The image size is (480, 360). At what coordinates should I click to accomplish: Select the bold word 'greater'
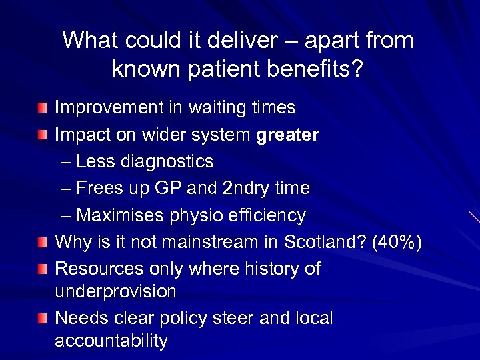(x=288, y=135)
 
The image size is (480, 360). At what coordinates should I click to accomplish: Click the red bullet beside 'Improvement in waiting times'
(x=43, y=107)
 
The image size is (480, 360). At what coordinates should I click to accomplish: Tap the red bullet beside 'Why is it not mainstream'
(x=43, y=242)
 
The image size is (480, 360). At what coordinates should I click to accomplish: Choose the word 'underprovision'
(x=115, y=291)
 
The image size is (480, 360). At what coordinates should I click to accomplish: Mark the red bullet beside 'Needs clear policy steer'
(x=43, y=319)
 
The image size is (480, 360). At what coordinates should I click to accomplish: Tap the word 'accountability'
(x=111, y=341)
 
